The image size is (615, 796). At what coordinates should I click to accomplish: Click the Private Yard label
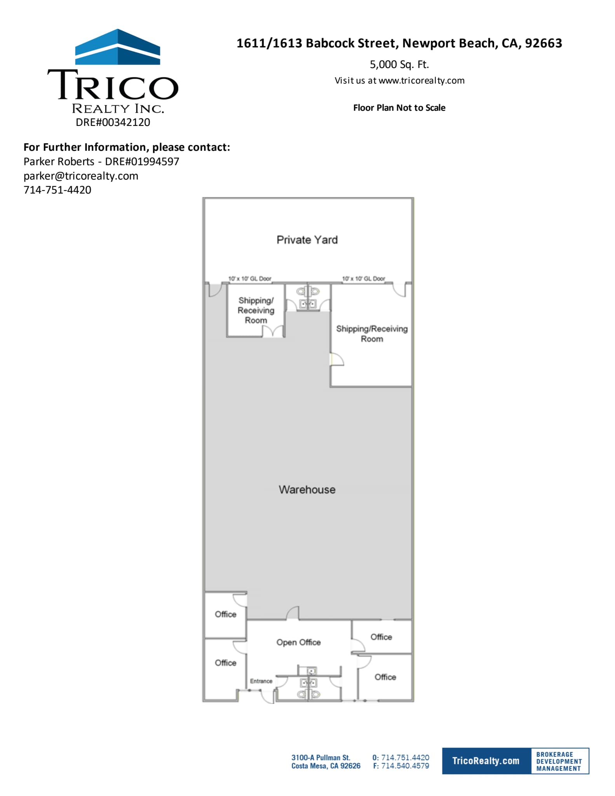[x=307, y=240]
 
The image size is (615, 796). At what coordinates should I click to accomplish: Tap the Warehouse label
[x=307, y=489]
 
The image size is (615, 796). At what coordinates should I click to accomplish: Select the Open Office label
[x=298, y=642]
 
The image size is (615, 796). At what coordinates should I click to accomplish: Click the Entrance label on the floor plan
[x=261, y=681]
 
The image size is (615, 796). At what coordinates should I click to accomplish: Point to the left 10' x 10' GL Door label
[x=250, y=279]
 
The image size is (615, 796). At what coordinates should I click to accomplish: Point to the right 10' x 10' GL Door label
[x=364, y=279]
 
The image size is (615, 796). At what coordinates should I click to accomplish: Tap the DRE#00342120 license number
[x=113, y=122]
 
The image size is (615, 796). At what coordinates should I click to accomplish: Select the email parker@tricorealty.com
[x=81, y=176]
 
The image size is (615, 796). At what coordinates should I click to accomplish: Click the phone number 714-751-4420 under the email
[x=57, y=190]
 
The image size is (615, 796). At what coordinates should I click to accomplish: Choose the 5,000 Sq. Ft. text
[x=399, y=65]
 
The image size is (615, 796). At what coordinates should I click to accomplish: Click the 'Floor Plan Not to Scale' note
[x=399, y=108]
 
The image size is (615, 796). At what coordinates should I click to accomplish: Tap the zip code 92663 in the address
[x=544, y=43]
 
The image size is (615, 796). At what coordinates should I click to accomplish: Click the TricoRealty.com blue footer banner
[x=486, y=761]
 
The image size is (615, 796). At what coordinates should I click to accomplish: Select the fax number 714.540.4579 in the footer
[x=405, y=766]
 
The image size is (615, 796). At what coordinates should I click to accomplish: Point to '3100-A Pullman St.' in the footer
[x=321, y=758]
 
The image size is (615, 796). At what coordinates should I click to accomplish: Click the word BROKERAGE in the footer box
[x=554, y=754]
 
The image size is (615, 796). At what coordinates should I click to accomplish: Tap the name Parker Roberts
[x=59, y=162]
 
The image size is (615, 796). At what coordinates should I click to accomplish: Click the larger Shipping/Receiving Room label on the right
[x=372, y=333]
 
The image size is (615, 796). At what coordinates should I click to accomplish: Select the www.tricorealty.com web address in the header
[x=422, y=81]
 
